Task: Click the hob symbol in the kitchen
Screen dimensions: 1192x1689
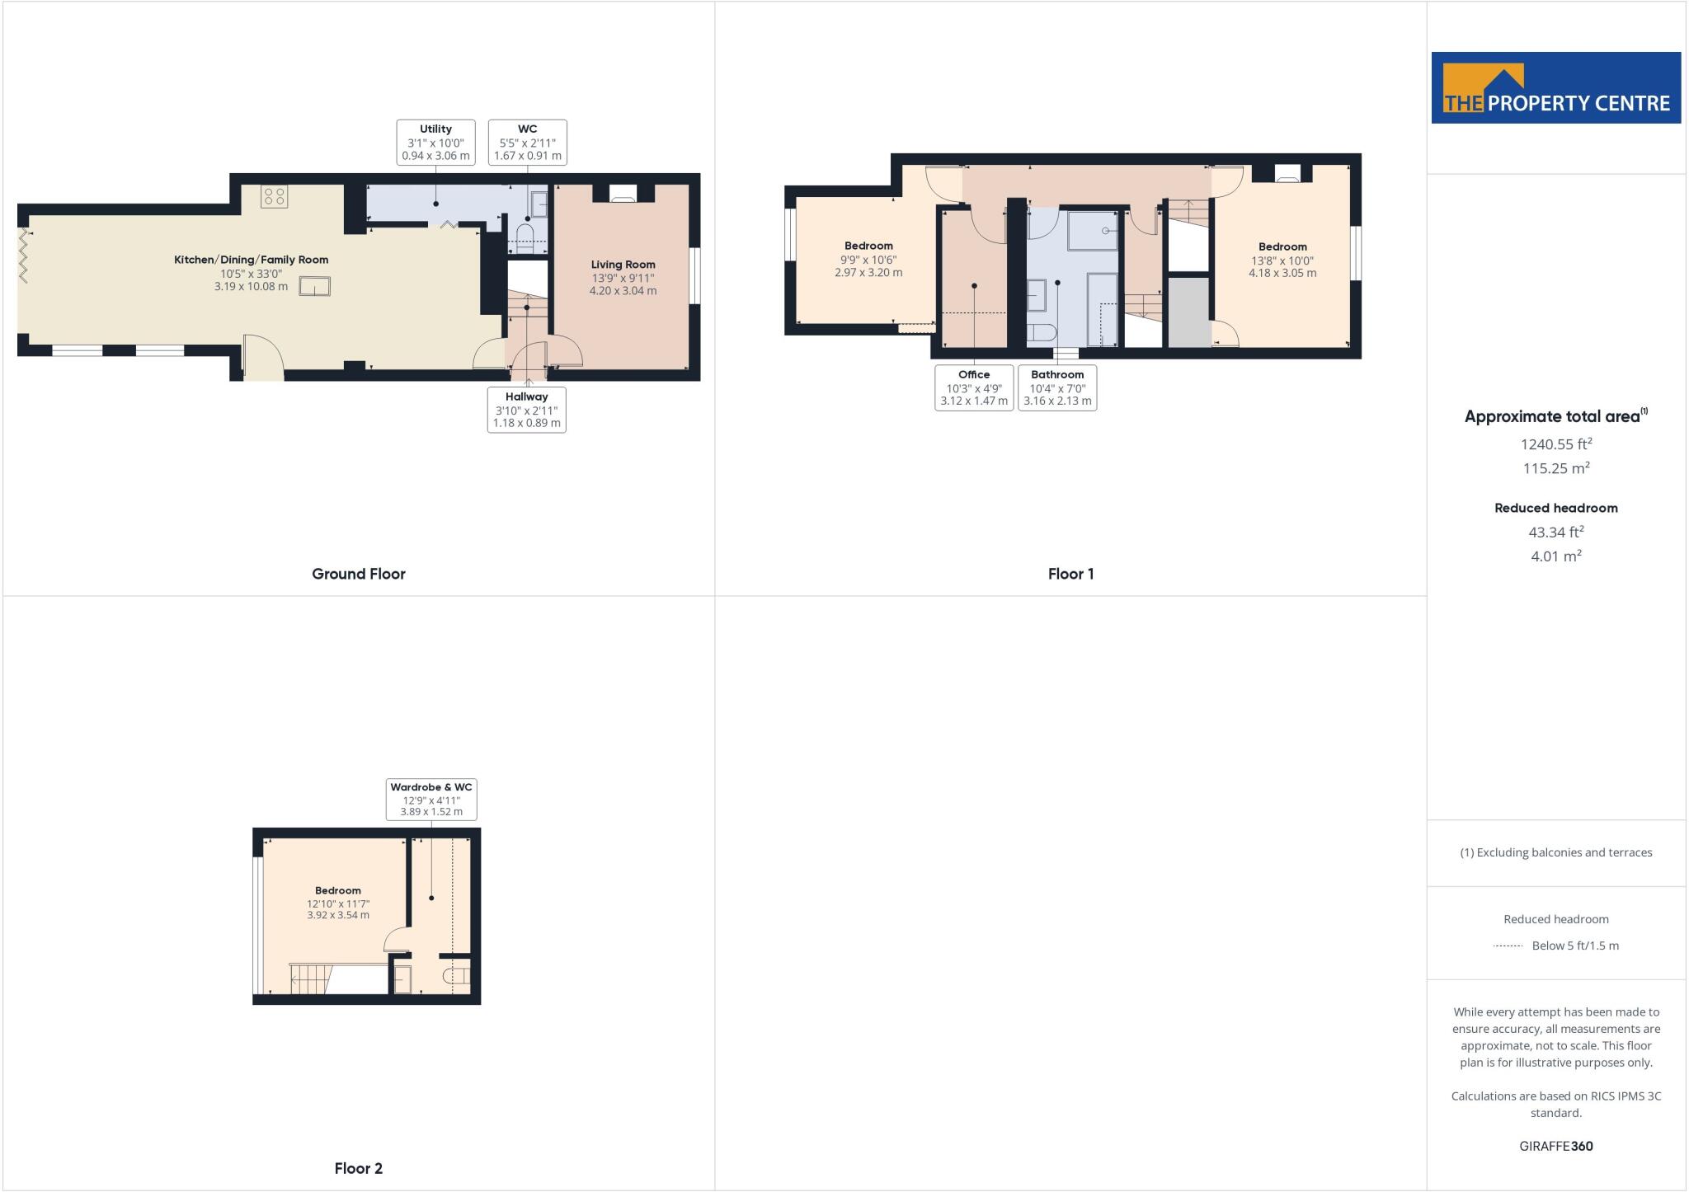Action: pos(275,196)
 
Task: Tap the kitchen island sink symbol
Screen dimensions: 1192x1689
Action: pos(314,286)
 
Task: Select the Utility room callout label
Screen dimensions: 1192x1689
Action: pos(435,142)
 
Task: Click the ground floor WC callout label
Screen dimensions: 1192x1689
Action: pos(527,142)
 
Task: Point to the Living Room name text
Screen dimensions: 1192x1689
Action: pos(623,265)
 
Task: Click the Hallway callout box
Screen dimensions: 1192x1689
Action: pos(526,410)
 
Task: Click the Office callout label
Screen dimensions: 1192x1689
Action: pos(974,387)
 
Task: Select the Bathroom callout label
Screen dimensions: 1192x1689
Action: pos(1057,387)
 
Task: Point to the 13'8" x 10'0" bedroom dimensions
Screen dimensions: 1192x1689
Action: pos(1282,260)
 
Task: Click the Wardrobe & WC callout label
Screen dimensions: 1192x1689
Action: pos(431,800)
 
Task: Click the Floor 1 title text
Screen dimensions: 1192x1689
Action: pos(1070,574)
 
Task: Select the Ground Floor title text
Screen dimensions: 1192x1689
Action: pos(358,574)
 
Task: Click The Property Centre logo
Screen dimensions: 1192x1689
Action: pos(1555,88)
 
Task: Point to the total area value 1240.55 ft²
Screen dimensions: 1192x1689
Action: pos(1555,443)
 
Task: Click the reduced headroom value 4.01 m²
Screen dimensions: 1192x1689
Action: pos(1555,556)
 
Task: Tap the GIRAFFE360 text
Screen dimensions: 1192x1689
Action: pos(1555,1146)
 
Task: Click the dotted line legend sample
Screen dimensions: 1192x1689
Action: pos(1508,946)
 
